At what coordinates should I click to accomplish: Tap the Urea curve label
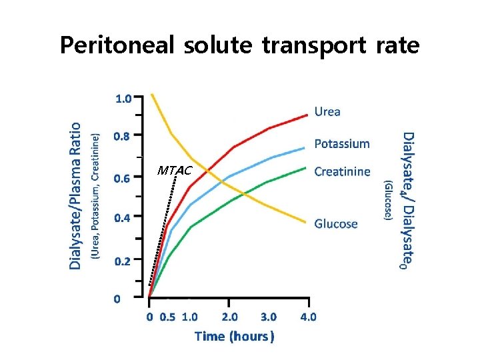click(327, 111)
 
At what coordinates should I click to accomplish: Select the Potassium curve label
click(341, 143)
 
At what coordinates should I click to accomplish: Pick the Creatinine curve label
click(342, 171)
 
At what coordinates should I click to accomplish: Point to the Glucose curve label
click(336, 224)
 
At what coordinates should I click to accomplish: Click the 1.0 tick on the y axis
click(123, 99)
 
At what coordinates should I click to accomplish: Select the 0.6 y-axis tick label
click(123, 178)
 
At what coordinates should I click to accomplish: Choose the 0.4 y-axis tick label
click(123, 218)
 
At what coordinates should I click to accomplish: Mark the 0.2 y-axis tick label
click(123, 261)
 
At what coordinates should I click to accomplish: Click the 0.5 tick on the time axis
click(167, 317)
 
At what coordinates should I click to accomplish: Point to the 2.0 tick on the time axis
click(231, 317)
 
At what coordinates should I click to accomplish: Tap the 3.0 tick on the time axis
click(269, 317)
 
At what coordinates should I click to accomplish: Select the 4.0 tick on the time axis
click(308, 317)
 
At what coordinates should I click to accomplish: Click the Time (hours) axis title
click(234, 336)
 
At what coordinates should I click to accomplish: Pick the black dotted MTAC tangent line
click(163, 230)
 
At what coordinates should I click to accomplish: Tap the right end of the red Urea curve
click(306, 115)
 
